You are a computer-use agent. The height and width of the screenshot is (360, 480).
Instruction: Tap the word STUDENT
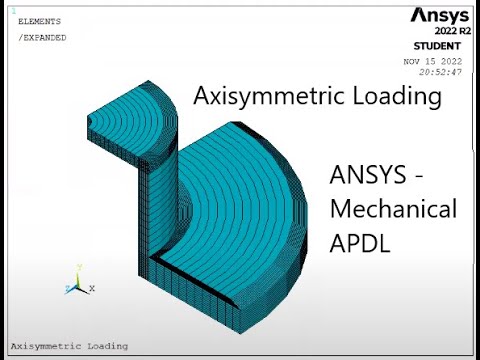[437, 47]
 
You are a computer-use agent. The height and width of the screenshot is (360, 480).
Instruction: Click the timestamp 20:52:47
[440, 72]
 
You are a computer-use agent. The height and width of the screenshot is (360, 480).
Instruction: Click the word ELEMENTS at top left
[39, 21]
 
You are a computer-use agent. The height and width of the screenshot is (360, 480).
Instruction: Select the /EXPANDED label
[42, 38]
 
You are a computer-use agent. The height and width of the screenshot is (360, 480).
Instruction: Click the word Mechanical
[393, 210]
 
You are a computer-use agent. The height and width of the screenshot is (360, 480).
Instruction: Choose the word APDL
[362, 242]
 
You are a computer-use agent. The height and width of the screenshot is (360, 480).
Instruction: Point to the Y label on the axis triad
[79, 268]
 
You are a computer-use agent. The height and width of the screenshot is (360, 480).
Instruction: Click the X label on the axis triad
[92, 288]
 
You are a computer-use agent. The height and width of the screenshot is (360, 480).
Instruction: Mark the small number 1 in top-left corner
[13, 10]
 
